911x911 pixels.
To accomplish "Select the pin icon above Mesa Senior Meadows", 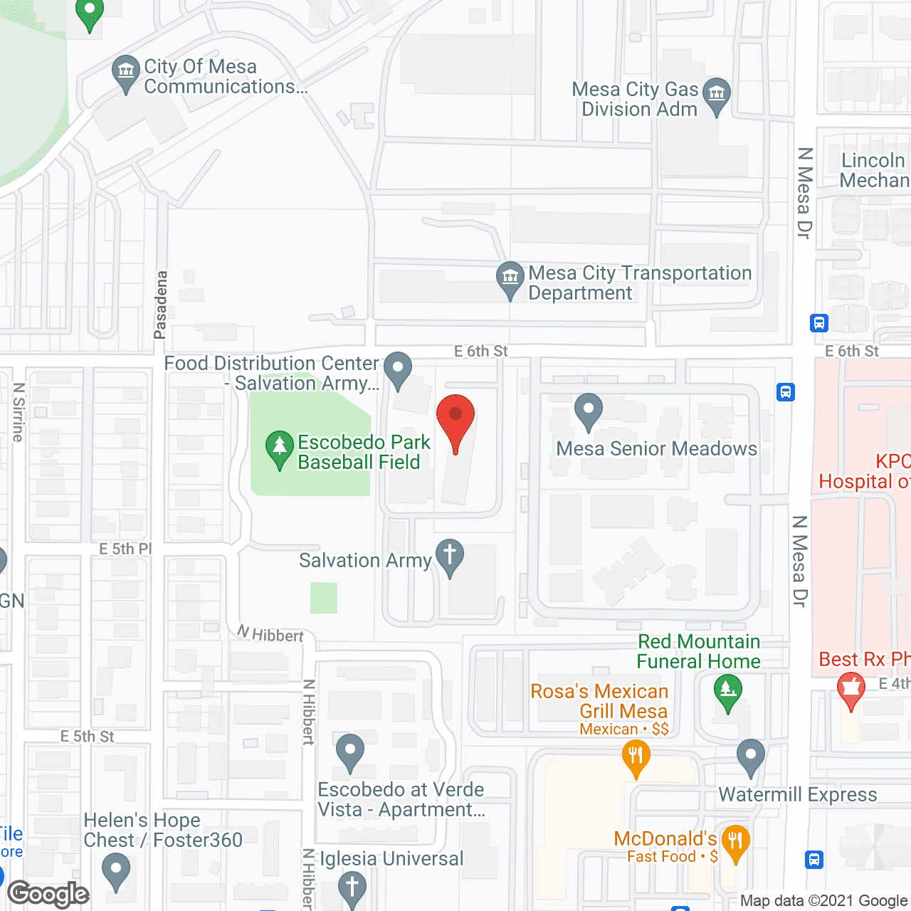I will (589, 411).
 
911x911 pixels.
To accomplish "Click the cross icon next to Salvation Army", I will (450, 557).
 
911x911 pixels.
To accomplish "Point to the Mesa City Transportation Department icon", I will (510, 279).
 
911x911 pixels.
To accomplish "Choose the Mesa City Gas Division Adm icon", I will (717, 95).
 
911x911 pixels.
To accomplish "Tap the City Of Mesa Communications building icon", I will (126, 72).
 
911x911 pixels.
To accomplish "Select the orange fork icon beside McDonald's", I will (735, 843).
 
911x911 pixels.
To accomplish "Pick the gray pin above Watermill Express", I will (751, 757).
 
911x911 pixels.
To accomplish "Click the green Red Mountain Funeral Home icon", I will (727, 692).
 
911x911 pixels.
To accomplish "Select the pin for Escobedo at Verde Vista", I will (350, 752).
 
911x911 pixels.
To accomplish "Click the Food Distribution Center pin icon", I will (398, 369).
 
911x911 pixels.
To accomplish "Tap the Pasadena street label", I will (161, 305).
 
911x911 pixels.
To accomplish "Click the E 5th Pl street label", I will (125, 549).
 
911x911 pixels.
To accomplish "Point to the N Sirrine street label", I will (19, 412).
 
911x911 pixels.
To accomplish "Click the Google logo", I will (48, 894).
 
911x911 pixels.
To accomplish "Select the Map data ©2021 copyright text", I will (824, 901).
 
